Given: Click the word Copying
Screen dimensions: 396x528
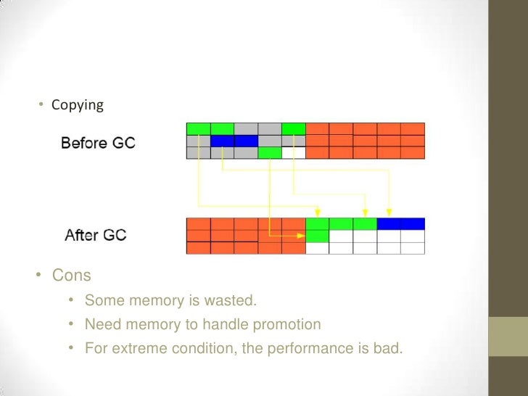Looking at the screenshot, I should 78,106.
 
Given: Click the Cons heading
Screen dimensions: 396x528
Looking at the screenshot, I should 72,276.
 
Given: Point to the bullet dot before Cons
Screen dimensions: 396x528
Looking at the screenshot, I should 41,276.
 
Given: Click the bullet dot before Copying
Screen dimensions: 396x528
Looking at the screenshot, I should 42,106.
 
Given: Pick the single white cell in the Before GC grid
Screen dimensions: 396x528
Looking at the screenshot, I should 294,153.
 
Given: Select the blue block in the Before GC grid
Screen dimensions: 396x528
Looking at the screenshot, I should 234,141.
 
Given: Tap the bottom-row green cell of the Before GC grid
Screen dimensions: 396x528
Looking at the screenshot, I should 270,153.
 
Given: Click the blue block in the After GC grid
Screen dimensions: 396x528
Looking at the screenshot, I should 400,224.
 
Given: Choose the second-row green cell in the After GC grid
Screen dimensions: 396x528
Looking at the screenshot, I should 317,236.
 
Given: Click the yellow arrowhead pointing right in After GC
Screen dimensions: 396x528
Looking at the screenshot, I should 301,236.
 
